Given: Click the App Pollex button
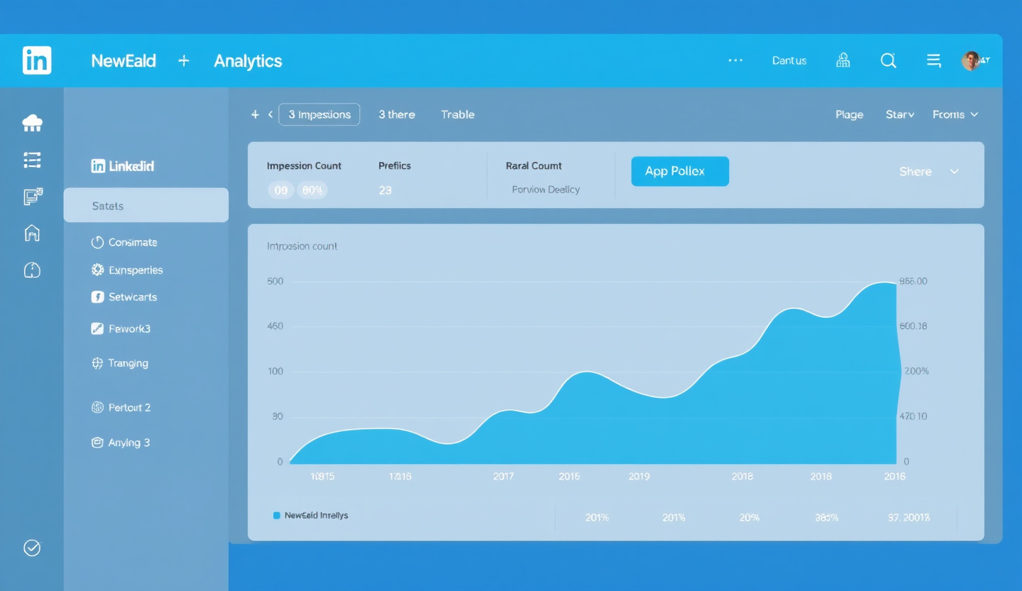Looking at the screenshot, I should [679, 171].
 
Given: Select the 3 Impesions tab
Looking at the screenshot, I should [319, 114].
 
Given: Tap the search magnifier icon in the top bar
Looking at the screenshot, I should [888, 61].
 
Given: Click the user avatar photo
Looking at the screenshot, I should [971, 61].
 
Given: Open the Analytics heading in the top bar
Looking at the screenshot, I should [248, 61].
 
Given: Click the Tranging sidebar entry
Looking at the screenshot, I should [128, 363].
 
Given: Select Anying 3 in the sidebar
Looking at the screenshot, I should [128, 443].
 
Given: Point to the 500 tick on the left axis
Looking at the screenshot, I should [275, 281].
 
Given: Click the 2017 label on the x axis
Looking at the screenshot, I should [503, 476].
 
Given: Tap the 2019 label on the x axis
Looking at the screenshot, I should [639, 476].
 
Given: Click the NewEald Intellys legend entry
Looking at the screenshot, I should [316, 515].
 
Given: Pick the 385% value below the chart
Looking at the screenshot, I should [826, 518].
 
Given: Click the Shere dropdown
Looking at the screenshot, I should [928, 172].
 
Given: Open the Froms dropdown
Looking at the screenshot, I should [955, 114].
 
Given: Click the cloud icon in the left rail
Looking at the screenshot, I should [32, 124].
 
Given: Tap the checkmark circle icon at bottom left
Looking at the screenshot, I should [32, 548].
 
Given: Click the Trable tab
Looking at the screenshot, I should [457, 114].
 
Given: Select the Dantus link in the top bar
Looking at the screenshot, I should [789, 61].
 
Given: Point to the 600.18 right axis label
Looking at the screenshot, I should [913, 326].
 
